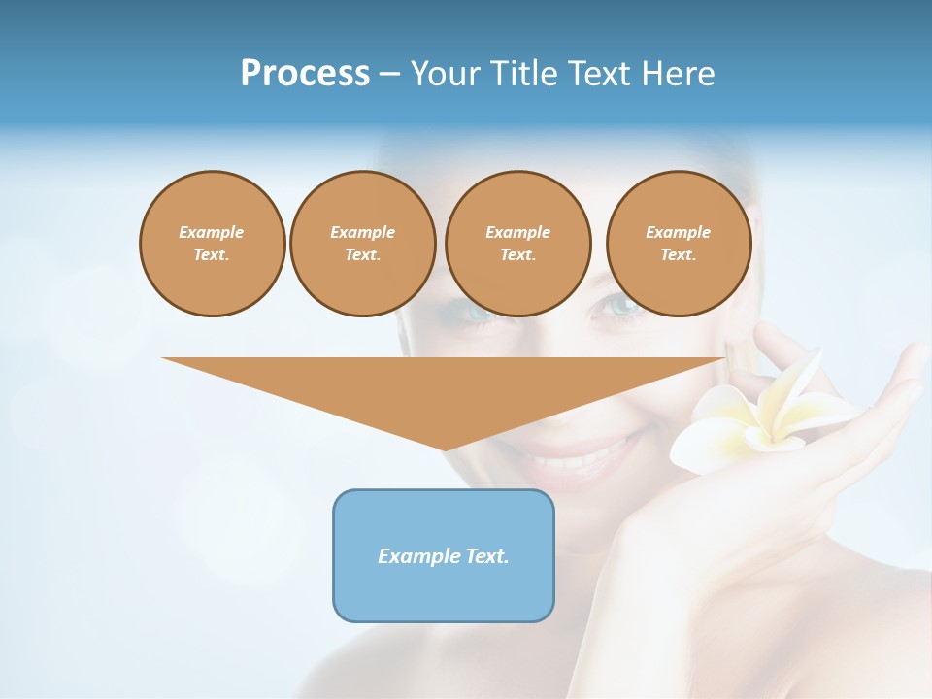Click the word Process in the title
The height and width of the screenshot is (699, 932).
(305, 74)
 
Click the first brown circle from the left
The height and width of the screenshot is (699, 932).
(212, 244)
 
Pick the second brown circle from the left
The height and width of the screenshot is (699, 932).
(362, 244)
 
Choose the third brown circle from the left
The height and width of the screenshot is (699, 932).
(517, 244)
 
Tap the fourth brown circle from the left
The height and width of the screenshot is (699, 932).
(678, 244)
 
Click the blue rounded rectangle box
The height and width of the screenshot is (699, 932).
(444, 555)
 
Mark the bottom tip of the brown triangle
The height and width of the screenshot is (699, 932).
(445, 449)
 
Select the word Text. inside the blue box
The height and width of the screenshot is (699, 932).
(487, 556)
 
